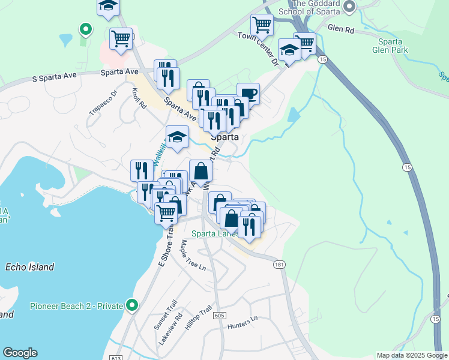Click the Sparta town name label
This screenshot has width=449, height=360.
tap(225, 137)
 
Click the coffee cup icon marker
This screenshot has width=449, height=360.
tap(249, 94)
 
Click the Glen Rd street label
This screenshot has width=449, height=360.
tap(341, 27)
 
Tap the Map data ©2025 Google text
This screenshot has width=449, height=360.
tap(411, 355)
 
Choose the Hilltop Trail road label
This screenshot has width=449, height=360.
tap(198, 319)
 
